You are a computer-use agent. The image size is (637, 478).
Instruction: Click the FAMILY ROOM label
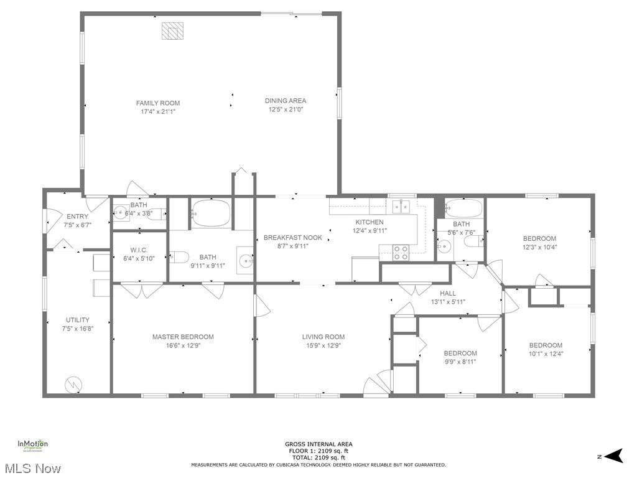(x=158, y=103)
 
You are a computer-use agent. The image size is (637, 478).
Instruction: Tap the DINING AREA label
(x=286, y=101)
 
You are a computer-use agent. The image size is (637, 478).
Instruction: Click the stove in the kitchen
(x=401, y=252)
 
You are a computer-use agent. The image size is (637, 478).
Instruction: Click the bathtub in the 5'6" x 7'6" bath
(x=463, y=208)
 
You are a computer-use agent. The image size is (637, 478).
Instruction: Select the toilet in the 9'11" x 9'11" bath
(x=179, y=256)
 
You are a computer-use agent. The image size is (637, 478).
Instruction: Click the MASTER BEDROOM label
(x=183, y=337)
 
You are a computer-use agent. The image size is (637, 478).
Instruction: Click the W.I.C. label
(x=139, y=250)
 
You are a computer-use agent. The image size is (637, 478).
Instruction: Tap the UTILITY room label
(x=77, y=320)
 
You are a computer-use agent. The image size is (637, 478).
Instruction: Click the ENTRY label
(x=77, y=217)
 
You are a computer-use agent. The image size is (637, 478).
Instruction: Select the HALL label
(x=447, y=293)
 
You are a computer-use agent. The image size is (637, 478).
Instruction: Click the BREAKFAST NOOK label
(x=293, y=237)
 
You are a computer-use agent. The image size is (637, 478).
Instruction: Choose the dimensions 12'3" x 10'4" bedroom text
(x=539, y=247)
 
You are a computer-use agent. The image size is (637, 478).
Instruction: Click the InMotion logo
(x=32, y=445)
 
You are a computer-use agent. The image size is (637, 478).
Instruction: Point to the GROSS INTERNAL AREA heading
(x=318, y=444)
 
